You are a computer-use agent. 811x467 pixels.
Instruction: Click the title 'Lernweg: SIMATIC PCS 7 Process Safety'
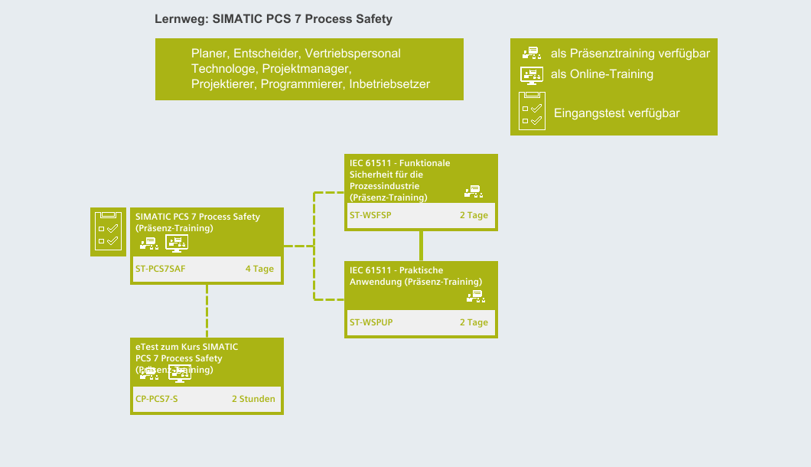point(273,19)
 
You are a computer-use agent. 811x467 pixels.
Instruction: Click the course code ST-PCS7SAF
point(160,269)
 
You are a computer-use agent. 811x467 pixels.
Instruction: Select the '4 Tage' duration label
point(259,269)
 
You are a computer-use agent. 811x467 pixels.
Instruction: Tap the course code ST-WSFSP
point(370,216)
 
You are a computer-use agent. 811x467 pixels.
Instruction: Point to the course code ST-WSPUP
point(371,323)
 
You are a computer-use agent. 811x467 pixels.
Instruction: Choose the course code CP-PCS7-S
point(156,400)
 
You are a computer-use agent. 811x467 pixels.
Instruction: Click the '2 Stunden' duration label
point(253,400)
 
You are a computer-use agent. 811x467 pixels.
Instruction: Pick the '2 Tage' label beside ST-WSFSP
point(474,216)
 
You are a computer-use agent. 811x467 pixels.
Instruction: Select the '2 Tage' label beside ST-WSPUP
point(474,323)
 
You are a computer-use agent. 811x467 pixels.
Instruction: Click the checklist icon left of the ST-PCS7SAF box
point(109,232)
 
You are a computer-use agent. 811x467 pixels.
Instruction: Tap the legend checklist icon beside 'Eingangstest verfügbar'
point(532,112)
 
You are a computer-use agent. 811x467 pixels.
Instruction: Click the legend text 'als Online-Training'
point(602,74)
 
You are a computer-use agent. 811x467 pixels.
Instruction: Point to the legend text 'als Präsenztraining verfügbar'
point(630,54)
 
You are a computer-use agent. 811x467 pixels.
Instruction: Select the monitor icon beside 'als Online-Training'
point(532,74)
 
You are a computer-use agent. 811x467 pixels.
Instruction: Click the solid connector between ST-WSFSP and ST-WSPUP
point(421,245)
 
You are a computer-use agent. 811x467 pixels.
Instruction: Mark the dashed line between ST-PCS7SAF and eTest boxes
point(207,310)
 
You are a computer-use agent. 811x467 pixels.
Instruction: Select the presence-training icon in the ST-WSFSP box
point(474,191)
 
